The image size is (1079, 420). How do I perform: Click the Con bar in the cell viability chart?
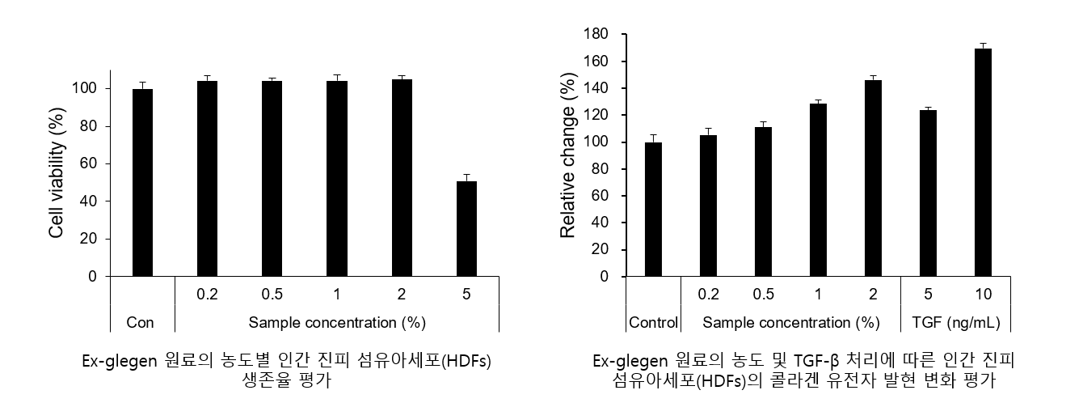(x=142, y=183)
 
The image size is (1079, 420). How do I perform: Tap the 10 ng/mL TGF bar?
(x=983, y=162)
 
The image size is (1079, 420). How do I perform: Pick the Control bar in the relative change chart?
(x=653, y=210)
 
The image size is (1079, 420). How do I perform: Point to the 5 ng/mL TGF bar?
(x=928, y=193)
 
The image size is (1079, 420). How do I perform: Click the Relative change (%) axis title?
(x=568, y=156)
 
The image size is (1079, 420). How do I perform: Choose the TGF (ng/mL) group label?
(x=955, y=323)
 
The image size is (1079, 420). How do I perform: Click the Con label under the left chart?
(x=141, y=322)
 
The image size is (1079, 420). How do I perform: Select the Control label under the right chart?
(x=653, y=323)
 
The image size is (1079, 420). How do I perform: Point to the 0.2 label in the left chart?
(x=207, y=293)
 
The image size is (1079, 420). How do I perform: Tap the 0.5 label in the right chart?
(x=763, y=293)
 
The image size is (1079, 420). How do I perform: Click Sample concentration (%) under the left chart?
(x=336, y=322)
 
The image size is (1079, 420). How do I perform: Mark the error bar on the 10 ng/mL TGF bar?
(x=983, y=45)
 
